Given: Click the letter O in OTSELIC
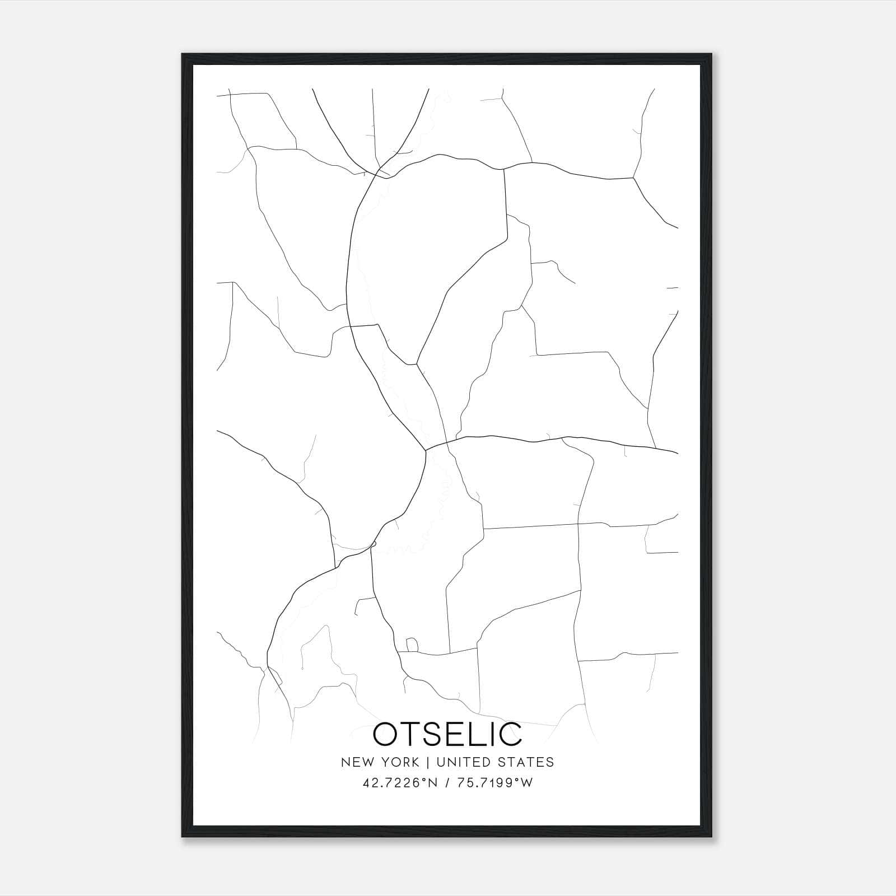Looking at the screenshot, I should click(388, 735).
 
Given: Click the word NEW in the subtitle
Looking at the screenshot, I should click(356, 762).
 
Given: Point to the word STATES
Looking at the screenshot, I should click(526, 762).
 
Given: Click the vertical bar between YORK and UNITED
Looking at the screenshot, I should click(427, 762).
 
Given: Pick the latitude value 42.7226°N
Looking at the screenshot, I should click(399, 783).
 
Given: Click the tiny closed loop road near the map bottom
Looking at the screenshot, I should click(412, 645).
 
